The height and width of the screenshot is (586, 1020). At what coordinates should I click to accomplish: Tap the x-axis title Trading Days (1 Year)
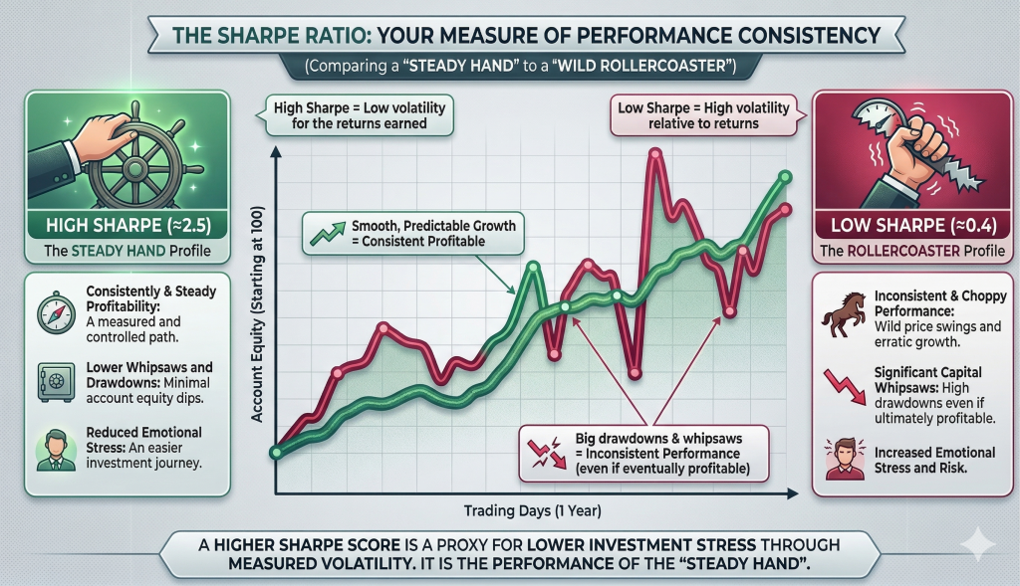[534, 511]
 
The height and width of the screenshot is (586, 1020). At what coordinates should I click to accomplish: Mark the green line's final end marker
[785, 177]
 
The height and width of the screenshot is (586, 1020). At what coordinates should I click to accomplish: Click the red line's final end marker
[785, 209]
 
